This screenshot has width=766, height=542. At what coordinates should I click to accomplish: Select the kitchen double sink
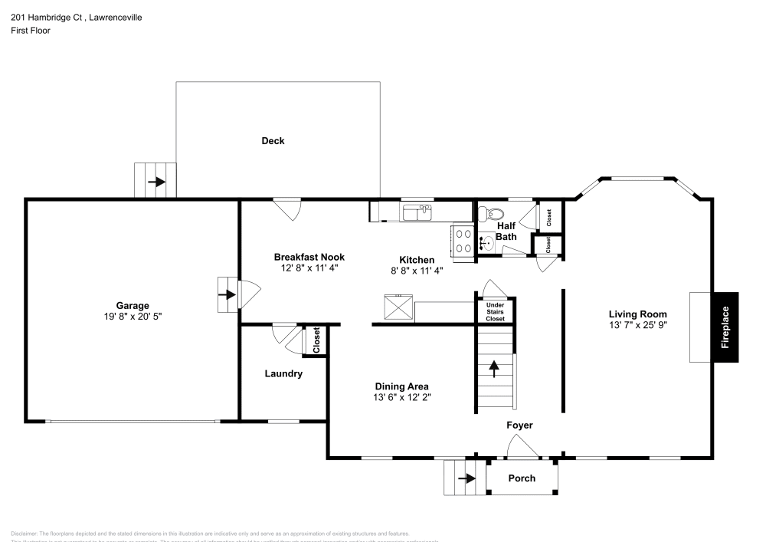(x=417, y=212)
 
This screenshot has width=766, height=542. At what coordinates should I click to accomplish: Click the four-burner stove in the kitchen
(x=463, y=241)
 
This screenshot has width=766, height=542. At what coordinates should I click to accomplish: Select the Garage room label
(x=133, y=305)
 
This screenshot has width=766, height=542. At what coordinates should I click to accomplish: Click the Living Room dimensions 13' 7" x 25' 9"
(x=638, y=325)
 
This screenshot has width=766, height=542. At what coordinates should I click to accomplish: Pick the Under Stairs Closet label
(x=495, y=310)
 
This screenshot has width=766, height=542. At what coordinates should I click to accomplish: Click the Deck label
(x=273, y=140)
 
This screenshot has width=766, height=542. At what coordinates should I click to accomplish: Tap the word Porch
(x=522, y=478)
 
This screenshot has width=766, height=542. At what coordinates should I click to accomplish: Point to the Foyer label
(x=519, y=425)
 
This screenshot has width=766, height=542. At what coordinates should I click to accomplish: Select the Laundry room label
(x=283, y=374)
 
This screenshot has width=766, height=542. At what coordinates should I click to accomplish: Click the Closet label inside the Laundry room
(x=316, y=340)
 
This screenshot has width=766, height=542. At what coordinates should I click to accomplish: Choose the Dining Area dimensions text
(x=401, y=398)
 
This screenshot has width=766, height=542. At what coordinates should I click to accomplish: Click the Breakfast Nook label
(x=309, y=257)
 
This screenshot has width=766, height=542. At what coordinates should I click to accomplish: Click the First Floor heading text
(x=31, y=31)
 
